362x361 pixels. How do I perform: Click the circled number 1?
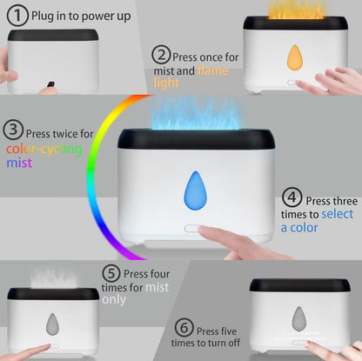coord(17,16)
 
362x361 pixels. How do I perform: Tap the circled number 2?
coord(161,55)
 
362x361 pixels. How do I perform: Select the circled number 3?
coord(13,130)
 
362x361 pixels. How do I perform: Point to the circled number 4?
coord(292,197)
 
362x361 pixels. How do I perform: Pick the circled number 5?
coord(111,273)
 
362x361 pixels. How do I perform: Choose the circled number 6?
coord(184,327)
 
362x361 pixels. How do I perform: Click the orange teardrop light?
coord(295,57)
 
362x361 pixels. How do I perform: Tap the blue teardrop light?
coord(196,191)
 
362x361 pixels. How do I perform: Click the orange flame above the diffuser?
coord(295,10)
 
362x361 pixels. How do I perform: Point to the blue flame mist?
coord(196,113)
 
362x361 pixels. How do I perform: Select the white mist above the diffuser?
coord(54,278)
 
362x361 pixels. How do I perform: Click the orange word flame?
coord(213,70)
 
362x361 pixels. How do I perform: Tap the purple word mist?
coord(19,163)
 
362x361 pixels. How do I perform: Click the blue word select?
coord(338,214)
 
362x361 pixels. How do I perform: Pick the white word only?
coord(114,300)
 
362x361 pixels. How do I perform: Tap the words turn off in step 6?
coord(224,343)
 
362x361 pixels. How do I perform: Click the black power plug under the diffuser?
coord(50,84)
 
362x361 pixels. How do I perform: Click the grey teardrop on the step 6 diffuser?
coord(298,319)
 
